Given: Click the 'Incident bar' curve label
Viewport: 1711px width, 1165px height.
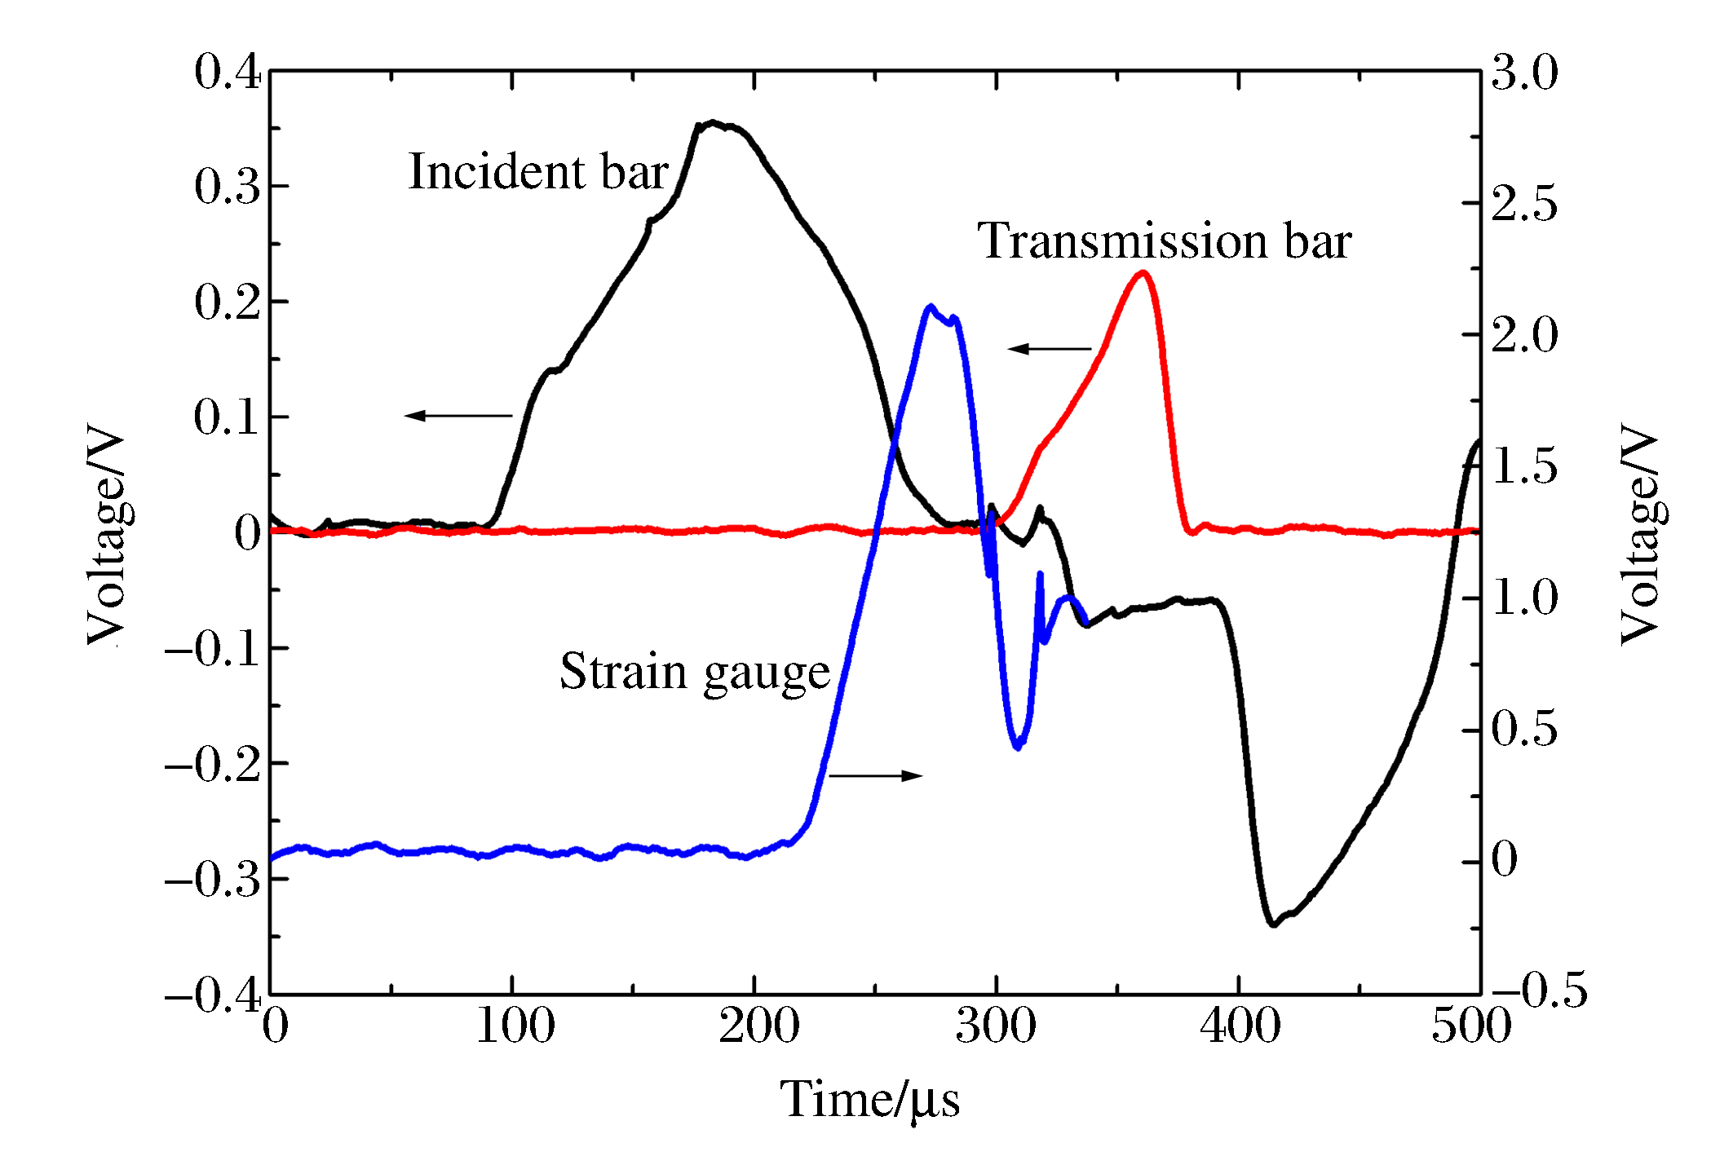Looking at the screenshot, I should coord(538,172).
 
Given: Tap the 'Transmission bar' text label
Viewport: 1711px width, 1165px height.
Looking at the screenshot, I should coord(1165,241).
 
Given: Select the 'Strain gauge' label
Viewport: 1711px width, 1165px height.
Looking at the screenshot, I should coord(695,673).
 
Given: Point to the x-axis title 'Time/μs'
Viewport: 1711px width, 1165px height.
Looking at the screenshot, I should coord(870,1100).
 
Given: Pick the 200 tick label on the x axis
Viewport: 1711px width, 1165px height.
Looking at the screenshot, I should coord(758,1026).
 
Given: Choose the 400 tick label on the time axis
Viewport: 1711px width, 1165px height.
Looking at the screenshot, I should coord(1240,1026).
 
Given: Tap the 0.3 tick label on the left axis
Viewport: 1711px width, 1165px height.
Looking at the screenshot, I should coord(228,187).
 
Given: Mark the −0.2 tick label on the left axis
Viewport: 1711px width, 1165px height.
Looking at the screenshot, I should coord(213,765).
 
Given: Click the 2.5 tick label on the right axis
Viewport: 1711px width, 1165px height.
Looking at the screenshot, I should coord(1524,203).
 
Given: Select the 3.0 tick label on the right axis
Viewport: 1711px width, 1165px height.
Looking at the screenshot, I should coord(1524,72).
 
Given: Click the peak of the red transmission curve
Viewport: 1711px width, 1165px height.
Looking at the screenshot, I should coord(1143,273).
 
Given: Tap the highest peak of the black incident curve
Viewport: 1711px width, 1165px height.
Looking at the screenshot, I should coord(714,123).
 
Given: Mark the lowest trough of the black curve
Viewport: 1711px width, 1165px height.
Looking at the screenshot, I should coord(1273,924).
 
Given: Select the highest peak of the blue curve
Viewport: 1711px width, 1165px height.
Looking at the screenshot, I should coord(931,307).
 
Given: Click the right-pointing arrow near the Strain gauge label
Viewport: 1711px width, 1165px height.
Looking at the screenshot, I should coord(876,775).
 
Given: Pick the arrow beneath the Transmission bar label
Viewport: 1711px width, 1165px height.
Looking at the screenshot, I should coord(1050,349).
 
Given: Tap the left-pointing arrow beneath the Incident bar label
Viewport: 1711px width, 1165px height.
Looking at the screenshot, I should coord(458,416).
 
